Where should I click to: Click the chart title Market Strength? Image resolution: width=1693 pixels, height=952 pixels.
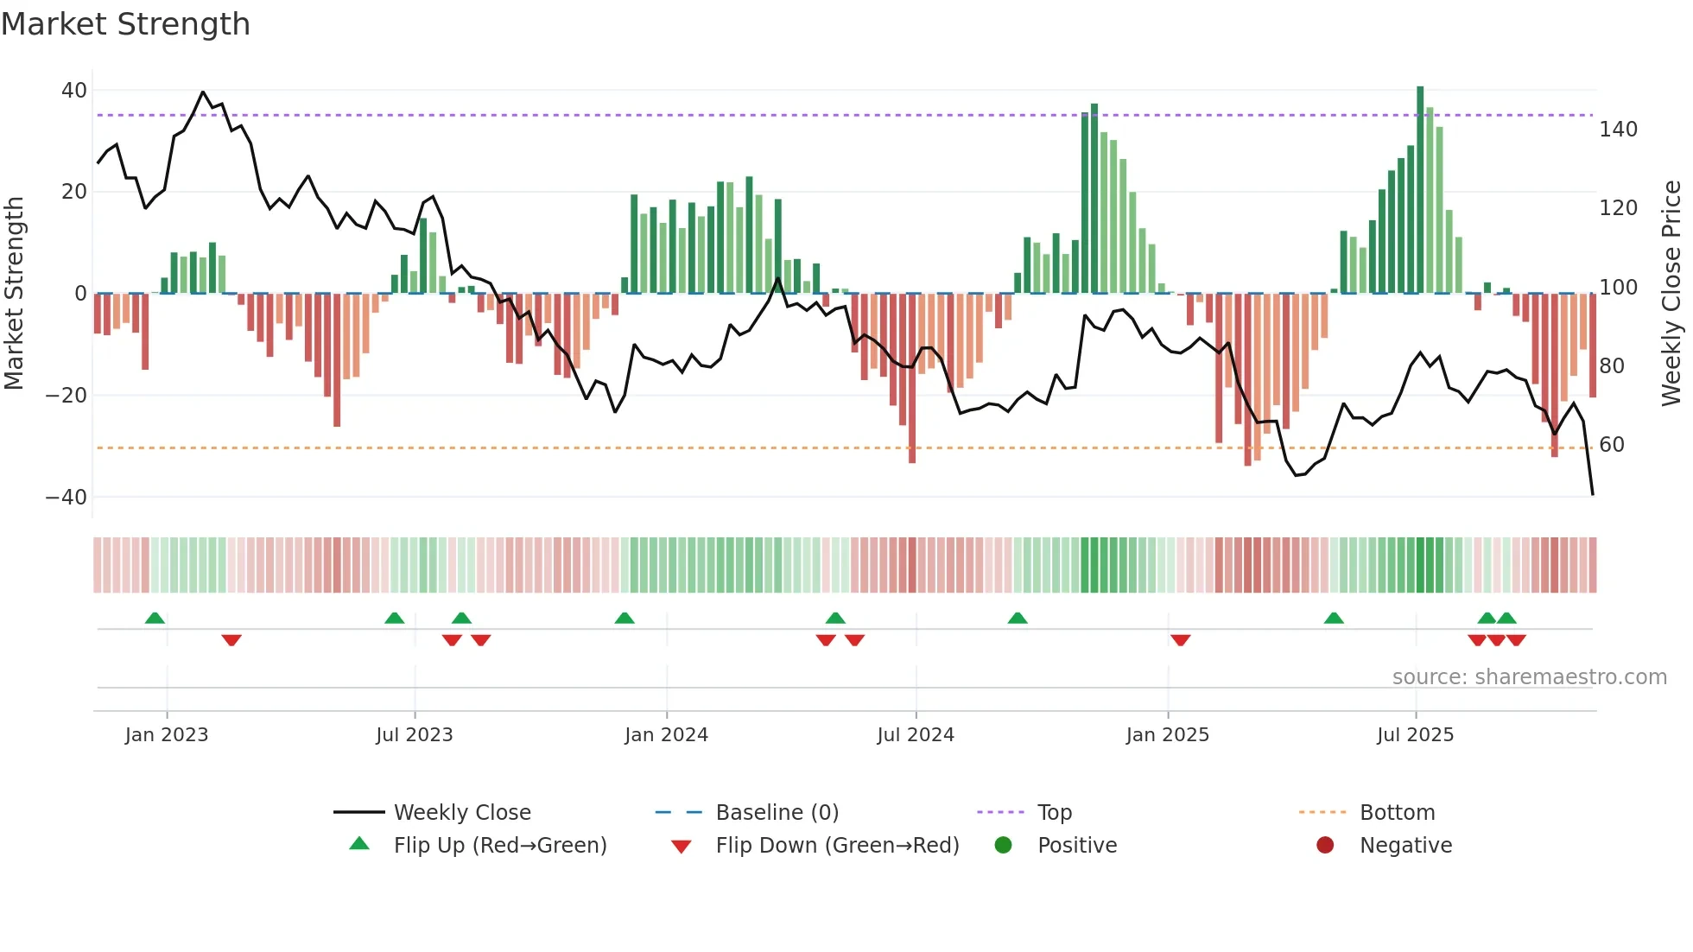point(126,24)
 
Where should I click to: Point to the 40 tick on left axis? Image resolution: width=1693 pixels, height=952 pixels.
point(74,91)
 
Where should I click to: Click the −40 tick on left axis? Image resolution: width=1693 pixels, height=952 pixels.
point(67,497)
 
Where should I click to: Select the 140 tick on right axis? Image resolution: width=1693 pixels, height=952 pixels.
point(1618,130)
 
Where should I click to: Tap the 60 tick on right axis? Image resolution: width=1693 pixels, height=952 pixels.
point(1612,445)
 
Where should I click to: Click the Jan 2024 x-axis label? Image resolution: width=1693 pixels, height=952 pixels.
point(666,735)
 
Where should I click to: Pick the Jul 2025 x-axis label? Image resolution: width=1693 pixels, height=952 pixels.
point(1415,735)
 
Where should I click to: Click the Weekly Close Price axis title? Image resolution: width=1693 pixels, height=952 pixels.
point(1671,293)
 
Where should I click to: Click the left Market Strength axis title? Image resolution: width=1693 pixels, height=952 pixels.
point(15,293)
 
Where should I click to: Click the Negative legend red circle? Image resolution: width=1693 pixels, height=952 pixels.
point(1325,845)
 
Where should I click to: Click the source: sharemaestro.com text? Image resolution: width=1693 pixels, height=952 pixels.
point(1529,677)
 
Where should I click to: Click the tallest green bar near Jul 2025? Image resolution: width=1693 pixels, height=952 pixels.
point(1420,190)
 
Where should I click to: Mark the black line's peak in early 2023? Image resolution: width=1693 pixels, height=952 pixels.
point(203,92)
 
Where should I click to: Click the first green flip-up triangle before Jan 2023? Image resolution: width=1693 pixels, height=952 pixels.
point(155,618)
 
